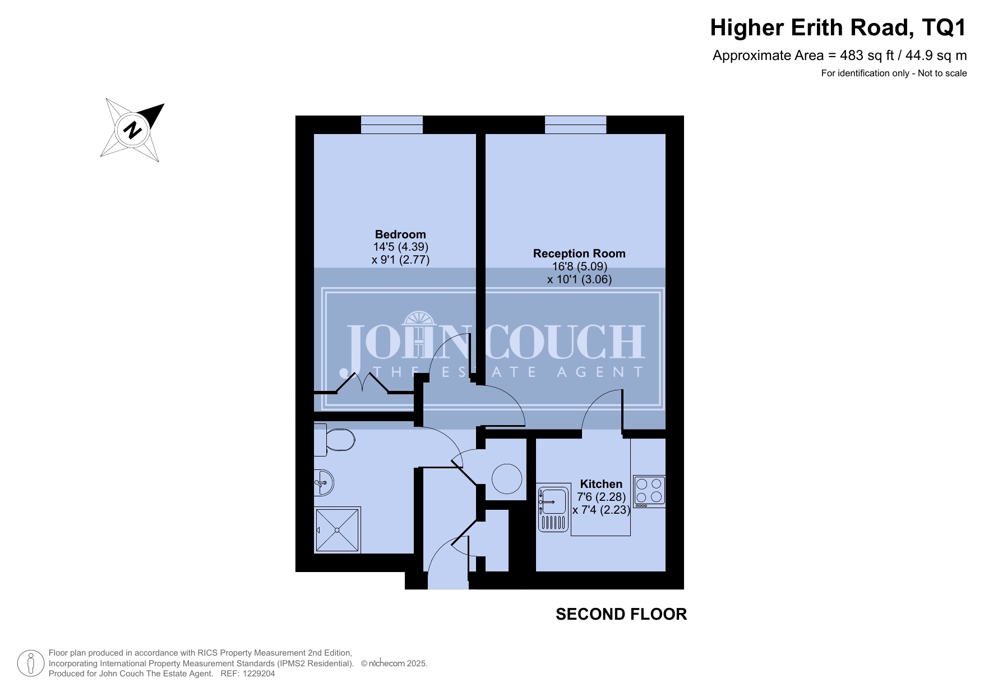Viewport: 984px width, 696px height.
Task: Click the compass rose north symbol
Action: point(133,130)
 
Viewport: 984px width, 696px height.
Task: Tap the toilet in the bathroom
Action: point(334,440)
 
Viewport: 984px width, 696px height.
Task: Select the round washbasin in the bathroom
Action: point(324,482)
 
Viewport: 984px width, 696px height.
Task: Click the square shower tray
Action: point(337,530)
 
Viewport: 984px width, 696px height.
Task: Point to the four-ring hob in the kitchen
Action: point(649,491)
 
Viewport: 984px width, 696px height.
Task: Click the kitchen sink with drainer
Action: point(553,508)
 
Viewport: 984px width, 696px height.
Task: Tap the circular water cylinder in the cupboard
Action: point(507,479)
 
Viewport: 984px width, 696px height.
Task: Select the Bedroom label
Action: point(400,234)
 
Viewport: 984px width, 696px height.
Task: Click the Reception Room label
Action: point(579,253)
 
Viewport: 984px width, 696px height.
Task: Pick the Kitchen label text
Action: point(601,484)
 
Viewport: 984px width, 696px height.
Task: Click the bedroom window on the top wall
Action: point(391,125)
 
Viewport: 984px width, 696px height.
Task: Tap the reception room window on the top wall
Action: point(576,125)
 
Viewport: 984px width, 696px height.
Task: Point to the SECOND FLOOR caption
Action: point(621,614)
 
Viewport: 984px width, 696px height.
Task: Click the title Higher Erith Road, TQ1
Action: point(838,27)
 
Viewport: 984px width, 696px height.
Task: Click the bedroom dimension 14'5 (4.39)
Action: point(401,247)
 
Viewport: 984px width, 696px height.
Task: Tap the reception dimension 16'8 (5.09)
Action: point(580,266)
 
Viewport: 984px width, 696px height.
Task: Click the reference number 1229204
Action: point(256,674)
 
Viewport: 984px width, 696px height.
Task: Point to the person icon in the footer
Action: point(31,663)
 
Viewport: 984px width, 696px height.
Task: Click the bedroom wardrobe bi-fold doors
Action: point(363,382)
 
